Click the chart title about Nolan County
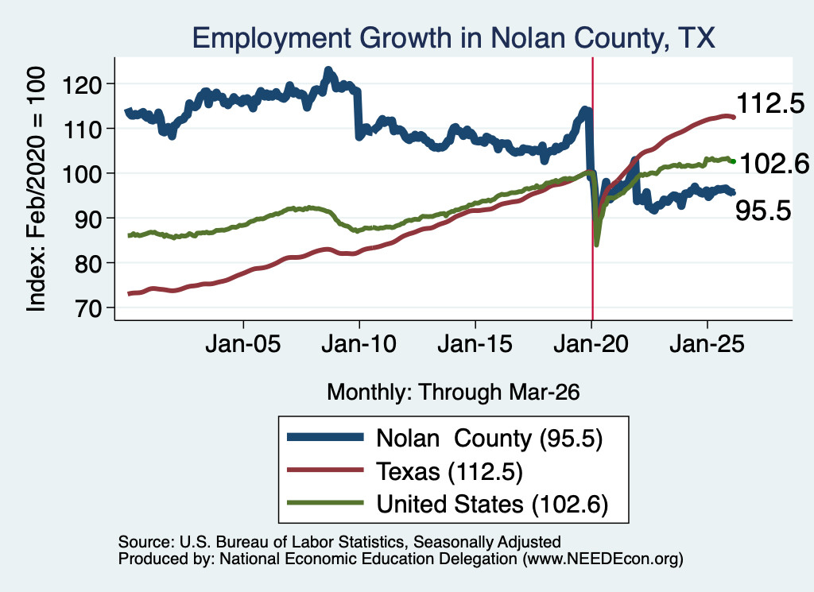point(453,38)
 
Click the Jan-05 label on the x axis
point(243,344)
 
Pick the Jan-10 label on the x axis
point(359,344)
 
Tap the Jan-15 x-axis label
point(475,344)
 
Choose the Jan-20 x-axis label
point(591,344)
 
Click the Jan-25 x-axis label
point(707,344)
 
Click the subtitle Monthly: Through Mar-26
point(453,393)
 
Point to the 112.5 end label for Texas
point(770,103)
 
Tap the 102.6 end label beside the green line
point(774,164)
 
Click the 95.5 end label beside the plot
point(763,211)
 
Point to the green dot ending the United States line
point(733,162)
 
